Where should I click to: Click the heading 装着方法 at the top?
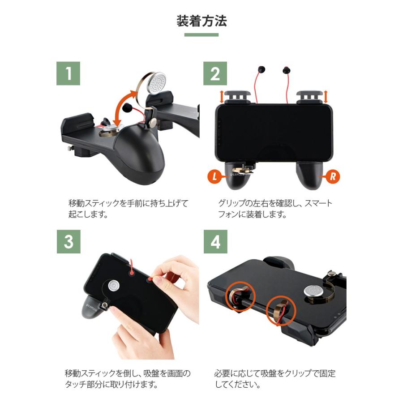pyautogui.click(x=201, y=21)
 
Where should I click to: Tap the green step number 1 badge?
pyautogui.click(x=68, y=74)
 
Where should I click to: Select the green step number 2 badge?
pyautogui.click(x=215, y=74)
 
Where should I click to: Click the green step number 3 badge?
pyautogui.click(x=68, y=242)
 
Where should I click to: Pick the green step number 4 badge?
pyautogui.click(x=215, y=242)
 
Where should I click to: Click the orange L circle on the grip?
pyautogui.click(x=215, y=176)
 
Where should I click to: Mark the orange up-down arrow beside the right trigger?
pyautogui.click(x=326, y=96)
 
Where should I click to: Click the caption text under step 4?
pyautogui.click(x=275, y=378)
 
